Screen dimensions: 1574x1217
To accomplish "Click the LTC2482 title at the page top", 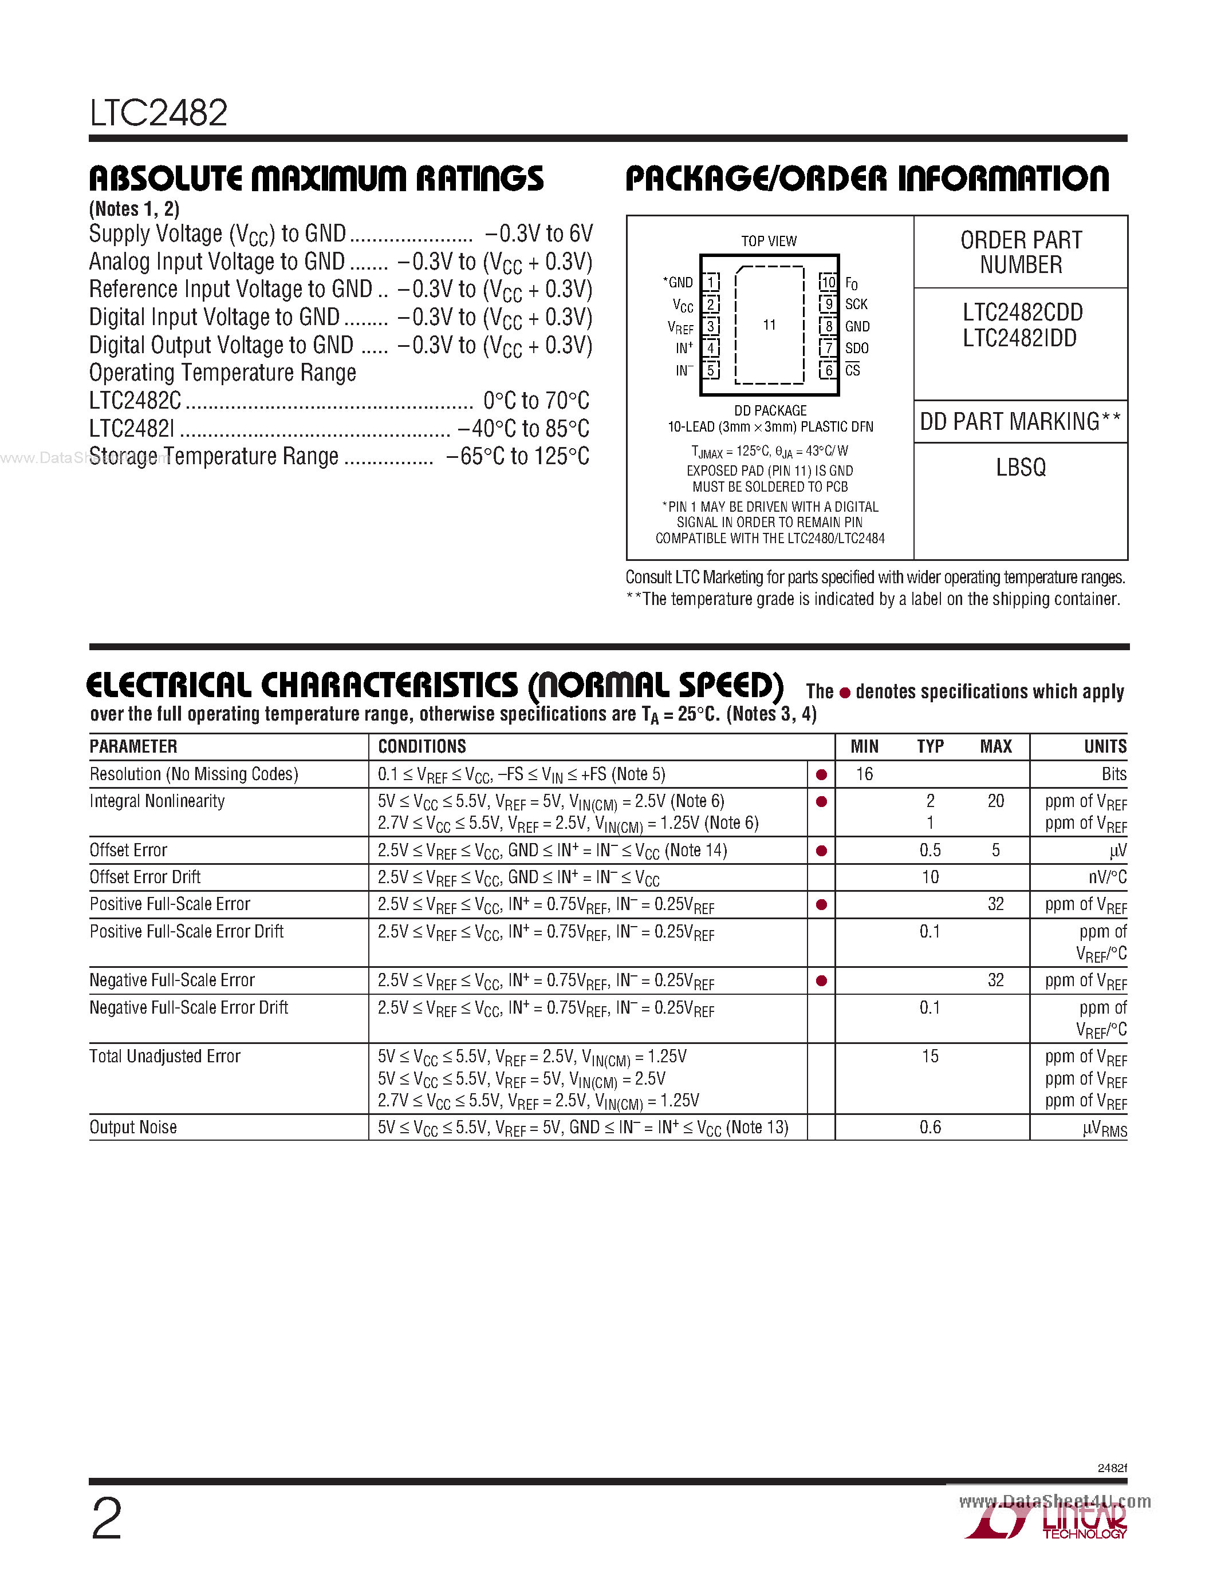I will [x=159, y=113].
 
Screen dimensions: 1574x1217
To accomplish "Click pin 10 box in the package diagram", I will [x=828, y=282].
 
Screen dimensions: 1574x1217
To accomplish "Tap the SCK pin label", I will [x=857, y=304].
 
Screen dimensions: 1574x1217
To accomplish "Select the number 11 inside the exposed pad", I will [x=769, y=325].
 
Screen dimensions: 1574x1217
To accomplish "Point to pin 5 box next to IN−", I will [x=711, y=370].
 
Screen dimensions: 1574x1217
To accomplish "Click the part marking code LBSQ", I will [x=1020, y=468].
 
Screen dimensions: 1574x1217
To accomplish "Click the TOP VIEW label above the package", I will [x=769, y=241].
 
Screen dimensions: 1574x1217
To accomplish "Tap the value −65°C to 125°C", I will [x=517, y=456].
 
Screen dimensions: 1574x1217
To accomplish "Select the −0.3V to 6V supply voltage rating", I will [x=538, y=234].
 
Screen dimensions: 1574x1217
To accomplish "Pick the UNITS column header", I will [x=1105, y=746].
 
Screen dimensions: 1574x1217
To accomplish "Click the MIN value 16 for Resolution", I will [x=864, y=774].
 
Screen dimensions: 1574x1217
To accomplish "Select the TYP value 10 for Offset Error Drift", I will [x=930, y=877].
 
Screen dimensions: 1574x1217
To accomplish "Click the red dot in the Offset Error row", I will [x=821, y=851].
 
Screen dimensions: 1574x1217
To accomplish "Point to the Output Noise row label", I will [x=133, y=1127].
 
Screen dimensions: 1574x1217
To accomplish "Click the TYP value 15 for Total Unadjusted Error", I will [x=930, y=1057].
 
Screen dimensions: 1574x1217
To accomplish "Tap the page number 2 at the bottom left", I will [x=107, y=1519].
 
